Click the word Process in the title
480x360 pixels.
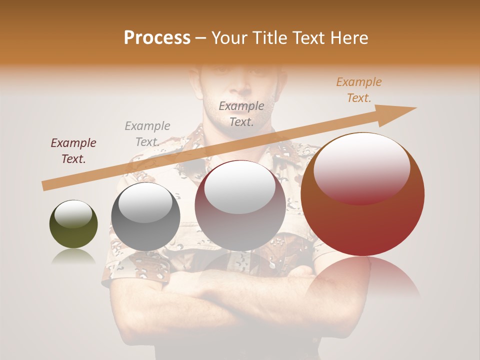pos(157,38)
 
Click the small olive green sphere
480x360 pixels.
pos(73,225)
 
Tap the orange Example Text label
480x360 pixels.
pos(358,90)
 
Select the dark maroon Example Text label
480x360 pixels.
pos(73,151)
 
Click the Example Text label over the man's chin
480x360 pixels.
pos(241,113)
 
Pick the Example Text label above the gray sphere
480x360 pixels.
pos(147,133)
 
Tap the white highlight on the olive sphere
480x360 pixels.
pos(73,213)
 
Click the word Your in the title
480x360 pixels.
pos(228,38)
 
